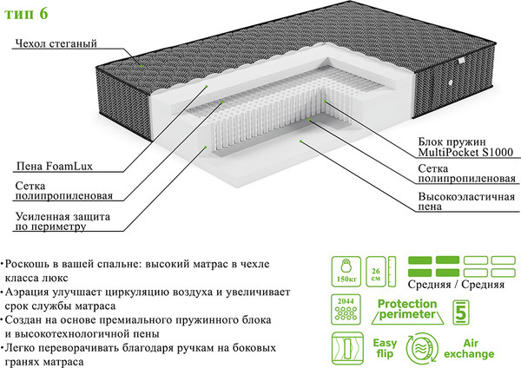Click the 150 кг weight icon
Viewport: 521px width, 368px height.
tap(345, 271)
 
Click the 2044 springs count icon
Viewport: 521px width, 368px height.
tap(345, 311)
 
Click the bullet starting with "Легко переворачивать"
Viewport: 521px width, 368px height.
tap(139, 353)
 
